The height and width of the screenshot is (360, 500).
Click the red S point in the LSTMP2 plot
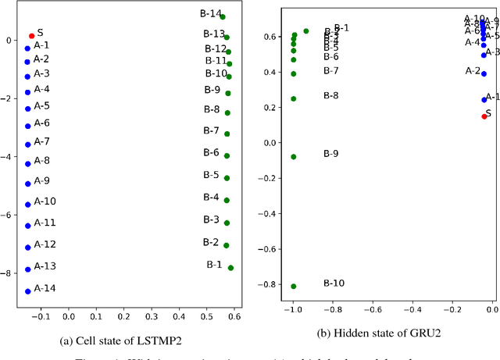click(31, 36)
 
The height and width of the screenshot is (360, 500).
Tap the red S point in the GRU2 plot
click(484, 116)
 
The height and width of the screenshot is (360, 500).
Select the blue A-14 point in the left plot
click(28, 291)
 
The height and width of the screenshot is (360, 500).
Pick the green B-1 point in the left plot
click(230, 268)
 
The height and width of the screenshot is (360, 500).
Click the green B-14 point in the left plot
click(223, 16)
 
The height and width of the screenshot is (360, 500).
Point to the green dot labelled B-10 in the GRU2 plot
click(294, 287)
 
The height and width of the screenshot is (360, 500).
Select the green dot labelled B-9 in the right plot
click(294, 157)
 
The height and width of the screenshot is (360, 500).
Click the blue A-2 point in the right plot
click(484, 74)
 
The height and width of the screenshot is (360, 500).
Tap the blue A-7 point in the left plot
click(28, 144)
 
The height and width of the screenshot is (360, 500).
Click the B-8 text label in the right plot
click(330, 95)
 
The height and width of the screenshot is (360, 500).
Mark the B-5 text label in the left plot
click(211, 175)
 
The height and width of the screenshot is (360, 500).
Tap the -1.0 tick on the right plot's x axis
click(292, 310)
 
